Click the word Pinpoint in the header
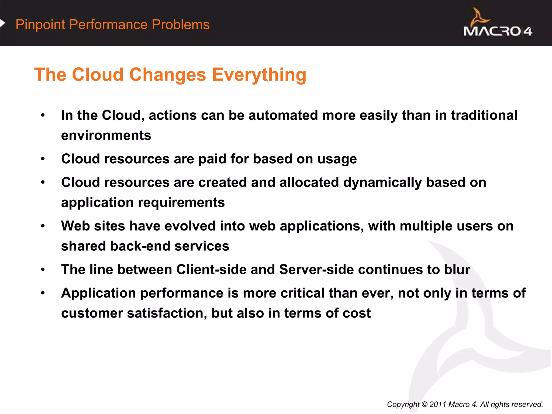(x=40, y=25)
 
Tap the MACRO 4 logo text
(x=498, y=31)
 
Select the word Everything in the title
(x=259, y=75)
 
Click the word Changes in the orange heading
(x=168, y=75)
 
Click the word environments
(x=106, y=135)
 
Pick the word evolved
(x=190, y=226)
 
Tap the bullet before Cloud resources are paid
(x=43, y=159)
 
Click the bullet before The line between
(x=43, y=270)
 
